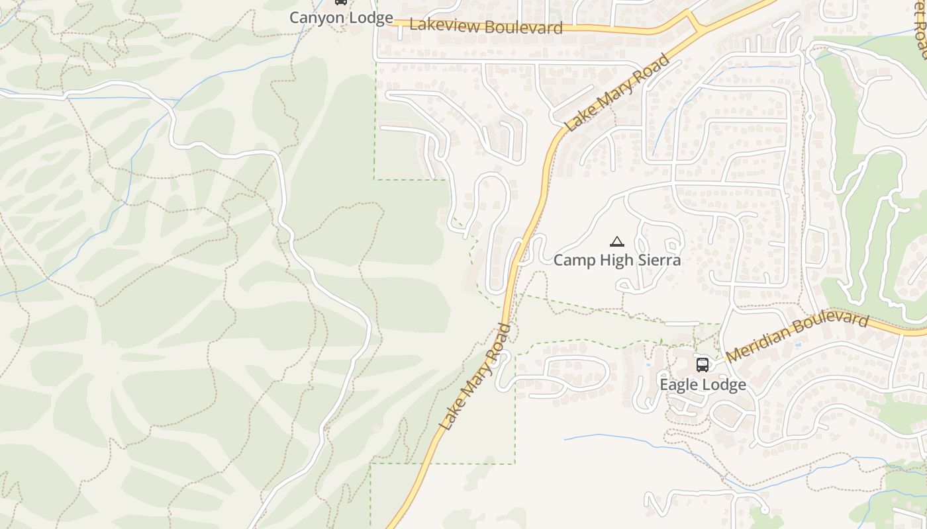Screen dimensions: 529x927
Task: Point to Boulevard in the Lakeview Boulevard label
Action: (x=524, y=27)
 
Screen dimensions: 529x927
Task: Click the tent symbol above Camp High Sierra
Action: (x=617, y=242)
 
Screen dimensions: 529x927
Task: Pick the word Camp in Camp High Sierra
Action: (x=573, y=260)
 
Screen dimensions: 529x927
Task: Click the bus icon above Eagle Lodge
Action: (x=703, y=364)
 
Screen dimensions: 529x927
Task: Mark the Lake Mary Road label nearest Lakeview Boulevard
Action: (x=618, y=93)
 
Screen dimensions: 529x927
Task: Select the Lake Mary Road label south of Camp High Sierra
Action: (x=475, y=377)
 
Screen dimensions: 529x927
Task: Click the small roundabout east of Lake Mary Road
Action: (x=810, y=117)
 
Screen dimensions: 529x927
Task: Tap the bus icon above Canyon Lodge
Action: (x=341, y=2)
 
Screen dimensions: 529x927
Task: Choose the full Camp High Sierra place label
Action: (x=617, y=260)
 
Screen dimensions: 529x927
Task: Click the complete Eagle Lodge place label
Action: (x=703, y=384)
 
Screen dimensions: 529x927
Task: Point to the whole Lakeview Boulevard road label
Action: (x=486, y=26)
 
